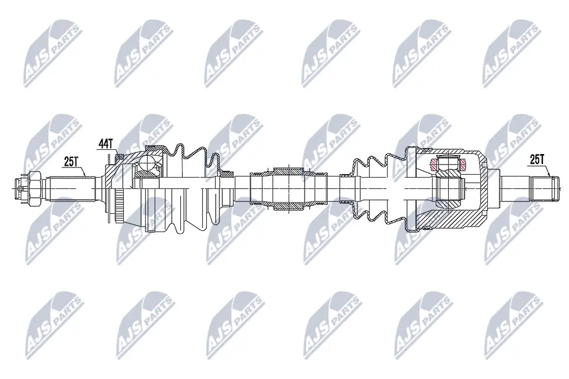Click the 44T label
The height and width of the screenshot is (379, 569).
[x=105, y=144]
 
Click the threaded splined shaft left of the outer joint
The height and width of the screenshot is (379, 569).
[x=71, y=189]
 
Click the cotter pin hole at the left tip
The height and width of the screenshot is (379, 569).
[x=19, y=189]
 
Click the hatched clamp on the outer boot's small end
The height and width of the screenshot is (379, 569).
[x=226, y=175]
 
